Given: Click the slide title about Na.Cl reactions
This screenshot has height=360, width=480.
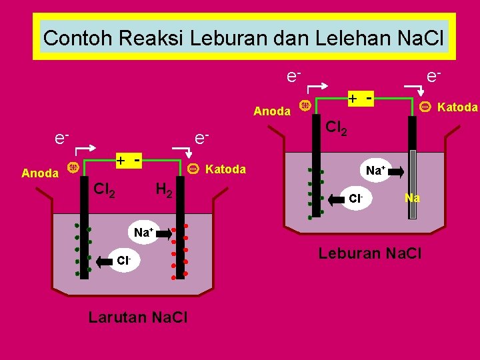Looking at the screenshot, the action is [x=243, y=37].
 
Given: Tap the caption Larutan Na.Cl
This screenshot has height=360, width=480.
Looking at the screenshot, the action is [x=138, y=317].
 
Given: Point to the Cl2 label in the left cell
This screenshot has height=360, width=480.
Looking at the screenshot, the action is [x=104, y=190].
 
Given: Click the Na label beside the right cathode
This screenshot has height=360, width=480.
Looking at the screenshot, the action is [x=412, y=198].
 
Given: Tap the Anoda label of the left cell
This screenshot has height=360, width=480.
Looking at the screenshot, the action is [x=40, y=173].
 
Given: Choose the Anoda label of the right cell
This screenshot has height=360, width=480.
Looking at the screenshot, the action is [x=272, y=111].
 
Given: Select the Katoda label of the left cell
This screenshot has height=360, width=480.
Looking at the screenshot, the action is [x=226, y=169].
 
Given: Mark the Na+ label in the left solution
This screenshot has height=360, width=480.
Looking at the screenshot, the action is [x=143, y=233].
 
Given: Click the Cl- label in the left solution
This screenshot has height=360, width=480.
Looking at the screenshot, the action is [x=123, y=261].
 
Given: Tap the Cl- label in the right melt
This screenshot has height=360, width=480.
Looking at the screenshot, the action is [x=355, y=198].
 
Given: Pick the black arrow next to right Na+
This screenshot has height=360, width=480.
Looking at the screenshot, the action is [x=395, y=172].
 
